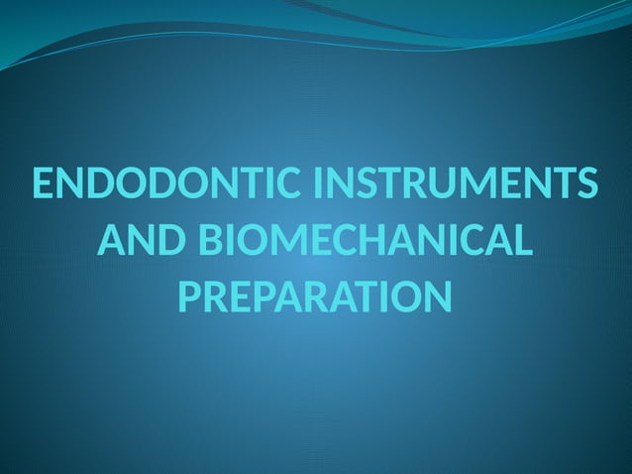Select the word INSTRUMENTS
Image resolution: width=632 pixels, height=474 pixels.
pos(456,185)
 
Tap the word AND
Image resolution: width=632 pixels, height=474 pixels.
pos(143,241)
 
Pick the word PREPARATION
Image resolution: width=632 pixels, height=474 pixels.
pos(315,296)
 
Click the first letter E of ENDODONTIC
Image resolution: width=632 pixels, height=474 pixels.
pos(45,185)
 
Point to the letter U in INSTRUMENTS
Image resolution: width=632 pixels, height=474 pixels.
pos(447,185)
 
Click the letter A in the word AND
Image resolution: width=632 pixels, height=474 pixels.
pos(112,241)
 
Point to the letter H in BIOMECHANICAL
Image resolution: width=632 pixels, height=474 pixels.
pos(385,241)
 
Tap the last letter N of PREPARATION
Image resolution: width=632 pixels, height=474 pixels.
pos(435,296)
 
